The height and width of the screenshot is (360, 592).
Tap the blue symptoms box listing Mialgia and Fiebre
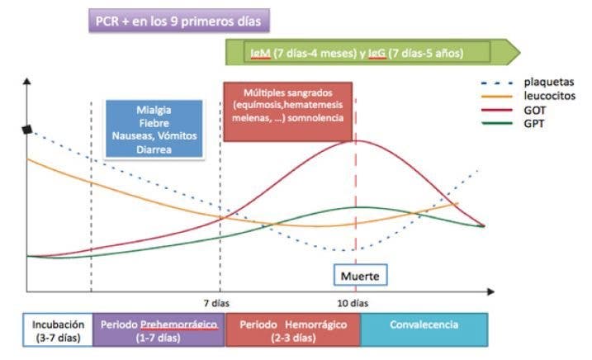(154, 128)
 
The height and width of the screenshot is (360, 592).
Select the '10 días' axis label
(355, 302)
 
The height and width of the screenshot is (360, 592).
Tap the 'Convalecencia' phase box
(424, 325)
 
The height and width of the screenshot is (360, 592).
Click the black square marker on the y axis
(27, 129)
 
